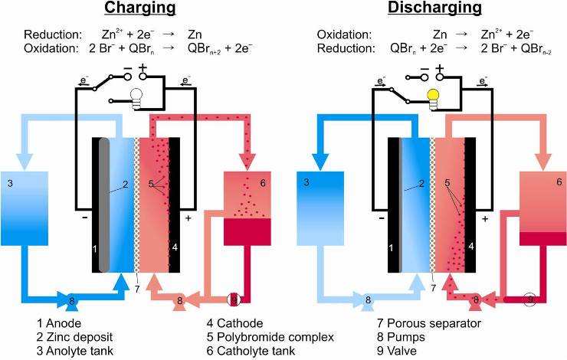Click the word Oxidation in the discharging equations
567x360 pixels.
coord(345,35)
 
